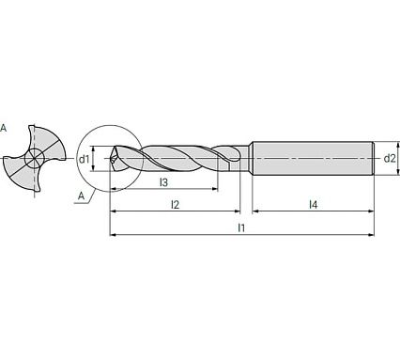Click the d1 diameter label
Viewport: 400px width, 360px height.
click(85, 159)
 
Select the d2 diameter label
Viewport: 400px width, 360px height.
click(390, 158)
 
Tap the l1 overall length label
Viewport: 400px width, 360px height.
click(240, 228)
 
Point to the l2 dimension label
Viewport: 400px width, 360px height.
click(175, 203)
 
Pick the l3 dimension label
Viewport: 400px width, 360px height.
click(163, 181)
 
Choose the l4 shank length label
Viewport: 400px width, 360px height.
click(312, 203)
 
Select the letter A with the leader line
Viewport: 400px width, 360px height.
click(81, 197)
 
